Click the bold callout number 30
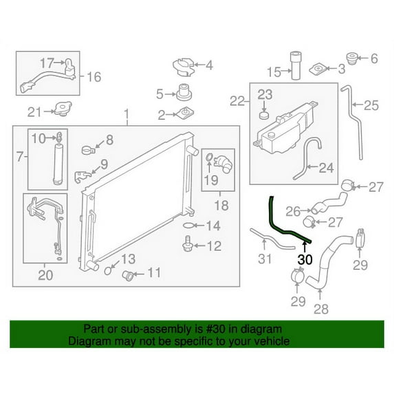point(305,259)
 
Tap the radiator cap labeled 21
point(63,109)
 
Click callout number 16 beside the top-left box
point(94,77)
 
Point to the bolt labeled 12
point(187,243)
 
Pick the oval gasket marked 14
point(189,226)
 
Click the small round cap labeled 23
point(263,116)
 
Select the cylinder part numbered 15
point(296,65)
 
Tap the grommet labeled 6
point(352,59)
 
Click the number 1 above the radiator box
point(127,114)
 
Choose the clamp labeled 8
point(89,150)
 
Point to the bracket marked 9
point(83,177)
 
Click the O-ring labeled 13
point(108,271)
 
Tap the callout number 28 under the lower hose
point(321,309)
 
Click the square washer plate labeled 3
point(318,69)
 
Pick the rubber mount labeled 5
point(184,92)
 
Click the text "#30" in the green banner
point(216,329)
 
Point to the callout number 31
point(265,259)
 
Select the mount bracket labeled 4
point(184,67)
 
